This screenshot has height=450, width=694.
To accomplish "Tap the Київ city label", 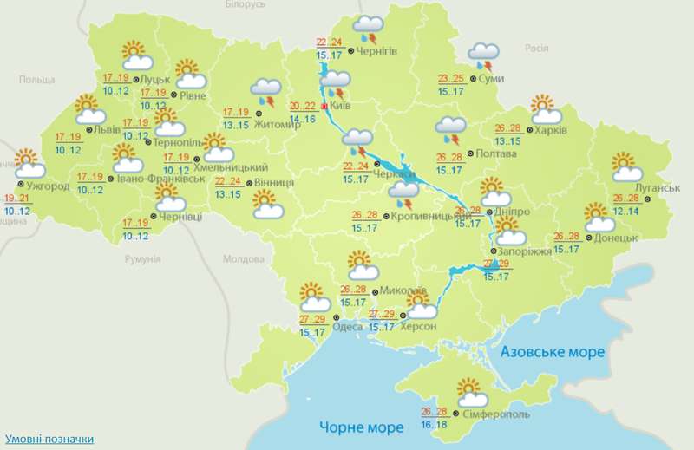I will pyautogui.click(x=341, y=108).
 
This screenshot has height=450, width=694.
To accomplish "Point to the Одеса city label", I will pyautogui.click(x=348, y=326).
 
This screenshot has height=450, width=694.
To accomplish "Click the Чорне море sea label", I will pyautogui.click(x=361, y=427).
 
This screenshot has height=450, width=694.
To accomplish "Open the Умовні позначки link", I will pyautogui.click(x=49, y=440).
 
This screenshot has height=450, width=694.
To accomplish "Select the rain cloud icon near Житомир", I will pyautogui.click(x=265, y=90).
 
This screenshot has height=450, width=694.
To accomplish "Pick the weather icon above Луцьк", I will pyautogui.click(x=136, y=55).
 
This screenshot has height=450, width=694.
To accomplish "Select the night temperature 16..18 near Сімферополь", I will pyautogui.click(x=434, y=424).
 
